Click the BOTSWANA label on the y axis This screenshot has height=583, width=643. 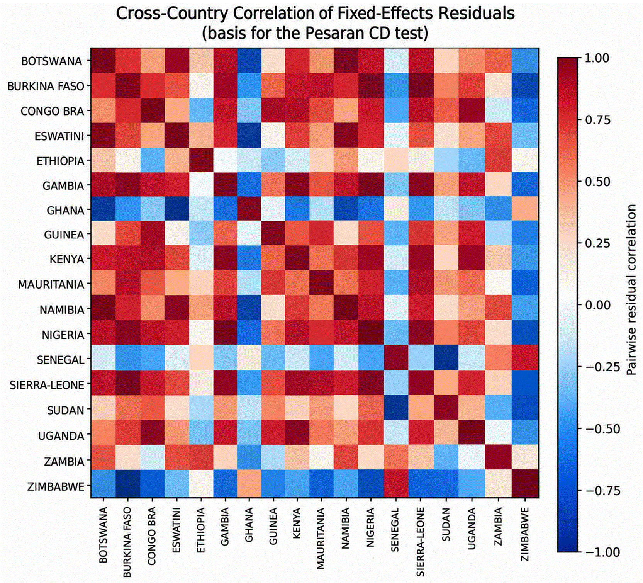tap(51, 61)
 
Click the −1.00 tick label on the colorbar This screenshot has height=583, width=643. tap(603, 552)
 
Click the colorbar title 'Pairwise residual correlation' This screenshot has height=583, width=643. tap(631, 290)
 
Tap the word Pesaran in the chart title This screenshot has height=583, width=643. tap(334, 33)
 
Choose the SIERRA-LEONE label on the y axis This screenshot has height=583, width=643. tap(47, 385)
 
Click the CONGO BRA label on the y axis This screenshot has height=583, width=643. tap(52, 111)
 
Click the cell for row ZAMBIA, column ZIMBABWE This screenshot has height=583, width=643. tap(526, 460)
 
